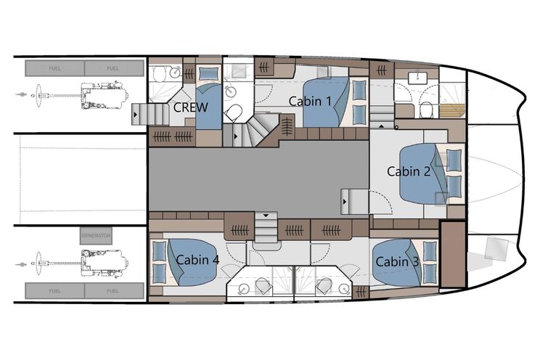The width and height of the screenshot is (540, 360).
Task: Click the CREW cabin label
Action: click(x=190, y=107)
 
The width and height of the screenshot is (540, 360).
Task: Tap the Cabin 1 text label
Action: click(x=310, y=102)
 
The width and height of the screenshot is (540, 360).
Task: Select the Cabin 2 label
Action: click(x=409, y=171)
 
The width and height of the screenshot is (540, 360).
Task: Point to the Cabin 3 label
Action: click(x=397, y=262)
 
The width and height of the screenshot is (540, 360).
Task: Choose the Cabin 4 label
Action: click(x=197, y=259)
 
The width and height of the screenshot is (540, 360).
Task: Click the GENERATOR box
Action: click(x=96, y=236)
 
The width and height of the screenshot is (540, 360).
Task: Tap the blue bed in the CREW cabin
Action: click(x=208, y=107)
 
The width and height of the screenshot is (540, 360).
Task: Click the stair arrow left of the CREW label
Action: click(x=136, y=114)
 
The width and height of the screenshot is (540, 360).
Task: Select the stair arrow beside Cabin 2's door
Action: click(x=345, y=202)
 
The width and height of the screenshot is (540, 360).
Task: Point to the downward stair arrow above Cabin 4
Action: click(x=266, y=216)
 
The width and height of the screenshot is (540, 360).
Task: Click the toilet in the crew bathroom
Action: click(x=160, y=74)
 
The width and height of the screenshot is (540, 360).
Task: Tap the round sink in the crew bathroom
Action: click(x=176, y=73)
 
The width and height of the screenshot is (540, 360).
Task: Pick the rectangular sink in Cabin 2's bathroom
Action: click(x=418, y=78)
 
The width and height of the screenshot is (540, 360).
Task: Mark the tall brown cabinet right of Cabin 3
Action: click(x=453, y=255)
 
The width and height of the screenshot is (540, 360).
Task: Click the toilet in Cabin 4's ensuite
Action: click(x=263, y=285)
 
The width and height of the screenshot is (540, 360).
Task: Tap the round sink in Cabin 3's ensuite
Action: click(x=344, y=289)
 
